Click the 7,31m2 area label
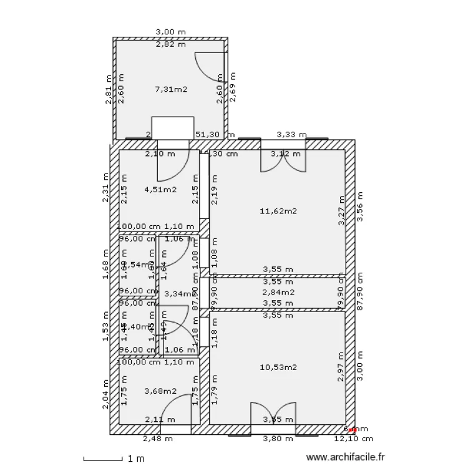click(x=171, y=89)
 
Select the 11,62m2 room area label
click(x=278, y=211)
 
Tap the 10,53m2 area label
click(x=278, y=367)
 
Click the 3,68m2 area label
click(x=160, y=391)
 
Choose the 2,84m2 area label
click(x=278, y=292)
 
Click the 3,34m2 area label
click(x=178, y=293)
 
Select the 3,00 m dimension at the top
click(x=170, y=31)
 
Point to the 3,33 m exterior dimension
click(x=291, y=134)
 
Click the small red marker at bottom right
click(x=352, y=430)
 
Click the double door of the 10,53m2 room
click(x=273, y=414)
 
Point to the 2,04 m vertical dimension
click(x=107, y=395)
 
